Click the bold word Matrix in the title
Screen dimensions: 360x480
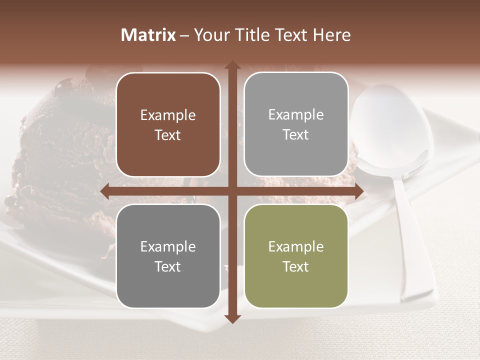[x=148, y=35]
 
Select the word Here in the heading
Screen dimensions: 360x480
[x=331, y=35]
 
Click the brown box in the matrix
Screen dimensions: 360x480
[x=168, y=125]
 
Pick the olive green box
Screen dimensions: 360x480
[x=296, y=256]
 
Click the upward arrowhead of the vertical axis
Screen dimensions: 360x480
[x=232, y=65]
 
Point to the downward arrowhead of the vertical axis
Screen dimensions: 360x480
[x=232, y=318]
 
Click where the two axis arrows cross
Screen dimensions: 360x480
[x=232, y=191]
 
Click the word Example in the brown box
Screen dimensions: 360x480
[x=168, y=115]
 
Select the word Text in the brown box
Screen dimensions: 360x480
[x=168, y=135]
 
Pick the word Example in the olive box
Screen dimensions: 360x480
[x=296, y=246]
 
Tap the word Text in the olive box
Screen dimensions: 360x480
[x=296, y=266]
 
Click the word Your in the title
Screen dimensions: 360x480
[x=210, y=35]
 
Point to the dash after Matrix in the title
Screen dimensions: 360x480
[x=184, y=35]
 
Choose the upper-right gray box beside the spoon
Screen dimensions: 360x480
[x=296, y=125]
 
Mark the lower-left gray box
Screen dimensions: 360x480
[x=168, y=256]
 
